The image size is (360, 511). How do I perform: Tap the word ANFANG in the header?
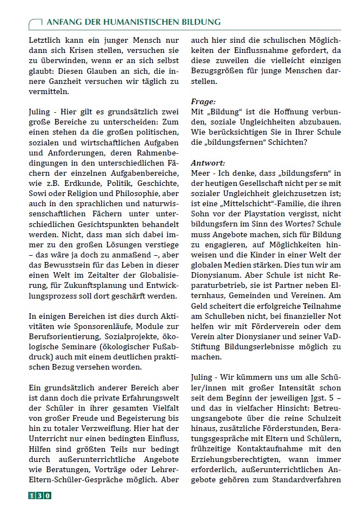pos(61,22)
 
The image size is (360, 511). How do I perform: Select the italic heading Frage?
pos(203,101)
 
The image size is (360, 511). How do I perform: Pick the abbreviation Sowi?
pos(38,193)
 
